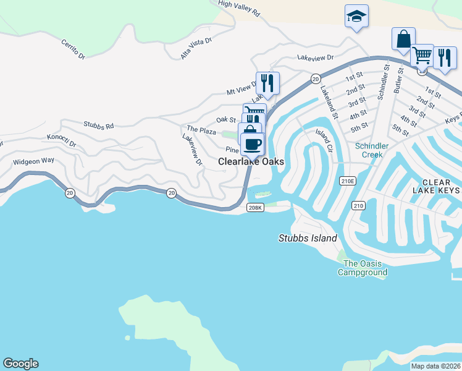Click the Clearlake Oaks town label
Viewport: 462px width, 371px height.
[x=251, y=162]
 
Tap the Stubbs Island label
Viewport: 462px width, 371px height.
[x=308, y=239]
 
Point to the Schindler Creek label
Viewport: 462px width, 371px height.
[x=372, y=150]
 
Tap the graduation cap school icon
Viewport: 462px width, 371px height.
[x=356, y=16]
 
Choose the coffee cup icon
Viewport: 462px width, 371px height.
[x=252, y=145]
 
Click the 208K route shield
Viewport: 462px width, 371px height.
[x=255, y=208]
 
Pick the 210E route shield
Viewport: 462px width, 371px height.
[x=348, y=181]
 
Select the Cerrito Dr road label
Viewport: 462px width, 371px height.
[x=76, y=48]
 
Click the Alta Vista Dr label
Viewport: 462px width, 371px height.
[x=196, y=48]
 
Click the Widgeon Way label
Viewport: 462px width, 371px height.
[x=34, y=161]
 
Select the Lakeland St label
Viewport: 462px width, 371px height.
[x=329, y=102]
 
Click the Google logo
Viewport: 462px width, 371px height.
[x=20, y=364]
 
